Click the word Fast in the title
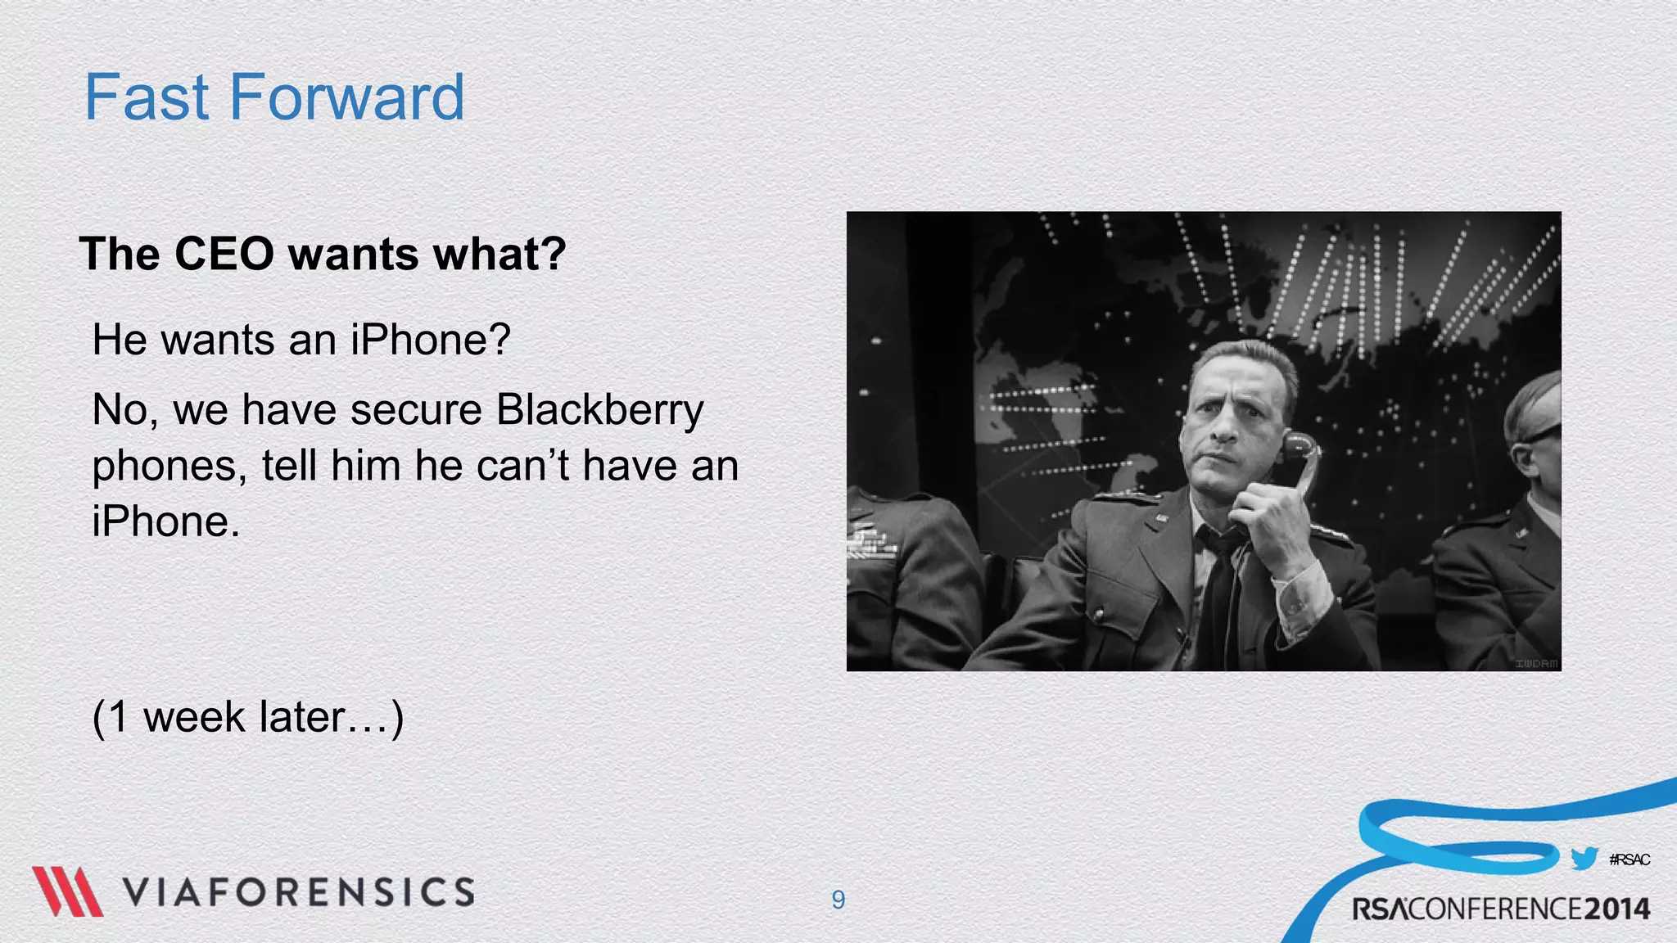coord(147,97)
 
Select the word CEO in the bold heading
coord(224,254)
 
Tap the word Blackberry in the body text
coord(599,410)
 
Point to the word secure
coord(416,410)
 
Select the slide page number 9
coord(838,900)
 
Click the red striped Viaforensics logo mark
coord(67,891)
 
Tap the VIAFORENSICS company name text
coord(299,892)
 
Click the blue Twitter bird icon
coord(1584,859)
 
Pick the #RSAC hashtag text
coord(1629,860)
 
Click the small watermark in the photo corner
coord(1535,663)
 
